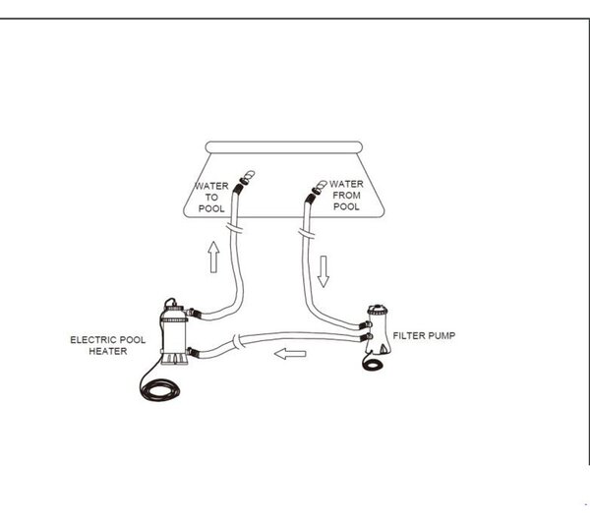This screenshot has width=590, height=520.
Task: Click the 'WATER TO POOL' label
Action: click(x=211, y=198)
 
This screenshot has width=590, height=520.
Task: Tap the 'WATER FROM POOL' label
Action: click(x=346, y=196)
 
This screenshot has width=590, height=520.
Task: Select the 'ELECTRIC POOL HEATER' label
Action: click(x=107, y=345)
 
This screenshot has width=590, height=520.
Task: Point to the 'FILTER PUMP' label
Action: click(x=424, y=335)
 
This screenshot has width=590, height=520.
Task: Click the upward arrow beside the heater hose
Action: click(x=213, y=257)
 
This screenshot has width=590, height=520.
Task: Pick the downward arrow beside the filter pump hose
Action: click(x=324, y=271)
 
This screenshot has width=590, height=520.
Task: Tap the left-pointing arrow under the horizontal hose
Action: click(x=290, y=354)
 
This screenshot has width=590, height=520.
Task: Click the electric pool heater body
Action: click(x=174, y=333)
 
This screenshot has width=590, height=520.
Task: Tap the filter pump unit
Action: click(x=378, y=329)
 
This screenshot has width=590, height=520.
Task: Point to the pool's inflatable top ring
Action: click(x=284, y=147)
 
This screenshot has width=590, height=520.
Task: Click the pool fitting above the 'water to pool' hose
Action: click(x=247, y=177)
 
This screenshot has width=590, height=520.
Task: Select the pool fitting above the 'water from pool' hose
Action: click(x=320, y=187)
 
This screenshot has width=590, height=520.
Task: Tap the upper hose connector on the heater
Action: click(x=194, y=313)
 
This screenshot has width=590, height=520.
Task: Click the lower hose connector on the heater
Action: click(x=194, y=353)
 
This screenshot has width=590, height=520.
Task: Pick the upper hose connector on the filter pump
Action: click(x=365, y=325)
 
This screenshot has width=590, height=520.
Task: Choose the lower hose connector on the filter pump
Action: click(x=366, y=337)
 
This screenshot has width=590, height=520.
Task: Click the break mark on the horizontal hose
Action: click(x=236, y=342)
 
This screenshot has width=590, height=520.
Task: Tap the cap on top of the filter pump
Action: click(x=378, y=310)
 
